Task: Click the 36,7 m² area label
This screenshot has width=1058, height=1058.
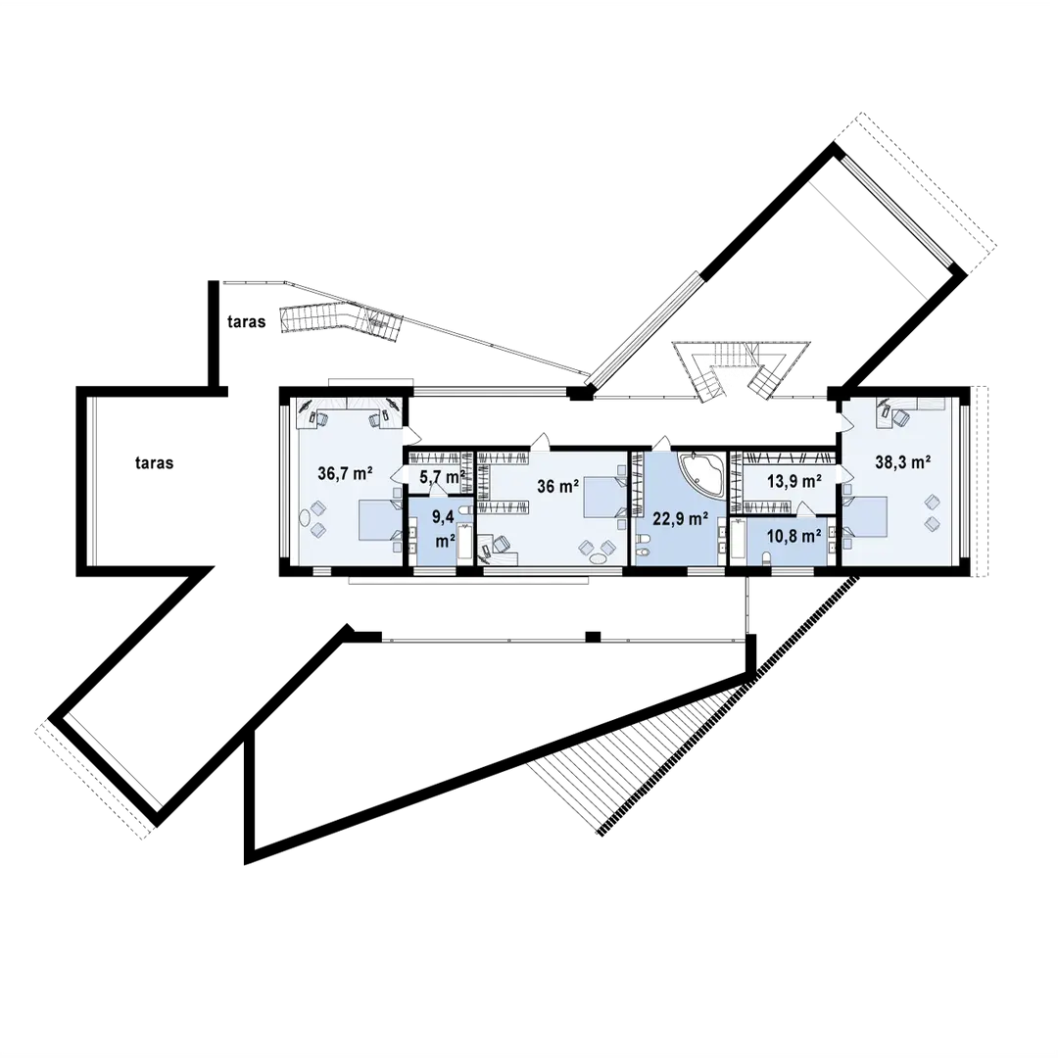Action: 345,473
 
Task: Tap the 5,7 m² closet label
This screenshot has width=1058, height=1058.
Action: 442,477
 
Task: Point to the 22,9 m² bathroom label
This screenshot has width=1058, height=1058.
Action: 680,518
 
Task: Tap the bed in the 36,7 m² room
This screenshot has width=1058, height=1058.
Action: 373,519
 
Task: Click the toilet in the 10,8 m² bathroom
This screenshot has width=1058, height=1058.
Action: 767,557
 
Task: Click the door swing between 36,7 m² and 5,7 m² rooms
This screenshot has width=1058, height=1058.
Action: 398,478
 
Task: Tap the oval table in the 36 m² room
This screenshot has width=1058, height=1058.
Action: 597,558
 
